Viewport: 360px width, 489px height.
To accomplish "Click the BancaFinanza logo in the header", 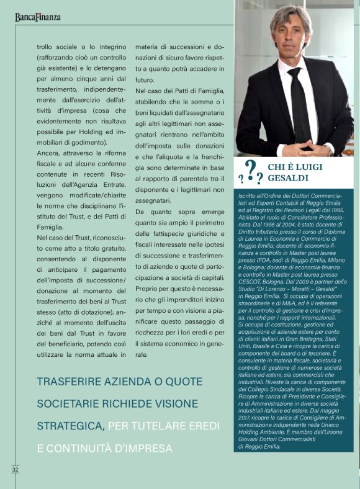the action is pyautogui.click(x=38, y=17).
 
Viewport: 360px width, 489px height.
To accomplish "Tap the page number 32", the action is pyautogui.click(x=15, y=469).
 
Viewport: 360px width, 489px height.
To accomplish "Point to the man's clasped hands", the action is pyautogui.click(x=303, y=148).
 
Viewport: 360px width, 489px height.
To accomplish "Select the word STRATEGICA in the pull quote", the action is pyautogui.click(x=70, y=426).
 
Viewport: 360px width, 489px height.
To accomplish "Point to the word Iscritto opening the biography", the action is pyautogui.click(x=250, y=197).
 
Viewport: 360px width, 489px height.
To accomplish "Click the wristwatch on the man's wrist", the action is pyautogui.click(x=330, y=148).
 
